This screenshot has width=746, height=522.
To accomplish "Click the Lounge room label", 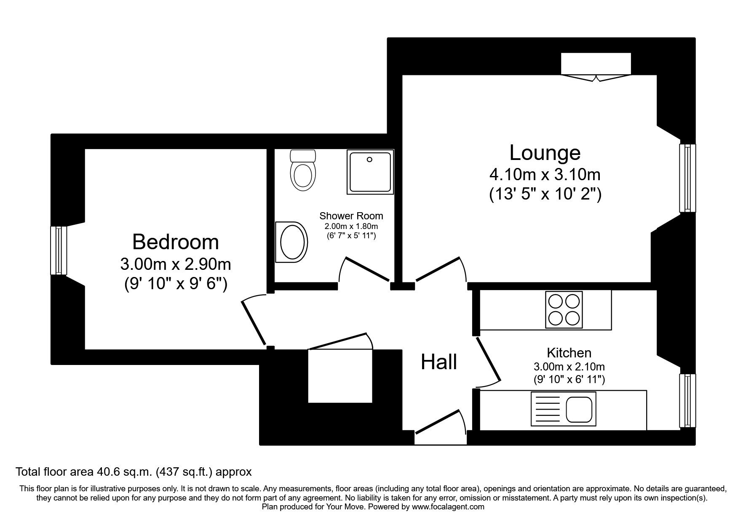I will tap(545, 152).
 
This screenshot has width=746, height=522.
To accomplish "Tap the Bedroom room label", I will tap(175, 242).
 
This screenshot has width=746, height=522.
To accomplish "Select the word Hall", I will tap(439, 362).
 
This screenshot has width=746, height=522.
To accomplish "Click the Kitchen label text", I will tap(569, 352).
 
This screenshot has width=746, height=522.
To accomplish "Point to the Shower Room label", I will tap(351, 216).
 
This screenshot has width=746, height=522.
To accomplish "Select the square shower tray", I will tap(370, 172).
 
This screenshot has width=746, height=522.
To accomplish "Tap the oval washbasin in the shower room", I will tap(291, 242).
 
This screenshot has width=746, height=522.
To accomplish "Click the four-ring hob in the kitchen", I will tap(564, 309).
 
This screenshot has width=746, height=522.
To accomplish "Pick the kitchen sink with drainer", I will tap(563, 409).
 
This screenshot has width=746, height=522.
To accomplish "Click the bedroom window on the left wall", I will tap(59, 250).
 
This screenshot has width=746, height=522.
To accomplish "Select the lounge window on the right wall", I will tap(687, 178).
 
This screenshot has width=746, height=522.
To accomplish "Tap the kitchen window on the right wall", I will tap(687, 400).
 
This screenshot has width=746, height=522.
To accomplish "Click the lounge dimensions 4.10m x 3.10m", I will tap(545, 174).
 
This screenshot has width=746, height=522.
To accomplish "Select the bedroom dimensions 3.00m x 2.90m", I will tap(175, 264).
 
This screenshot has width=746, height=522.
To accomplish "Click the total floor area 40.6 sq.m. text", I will tap(134, 472).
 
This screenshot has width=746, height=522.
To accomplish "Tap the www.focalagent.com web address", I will tap(448, 507).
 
